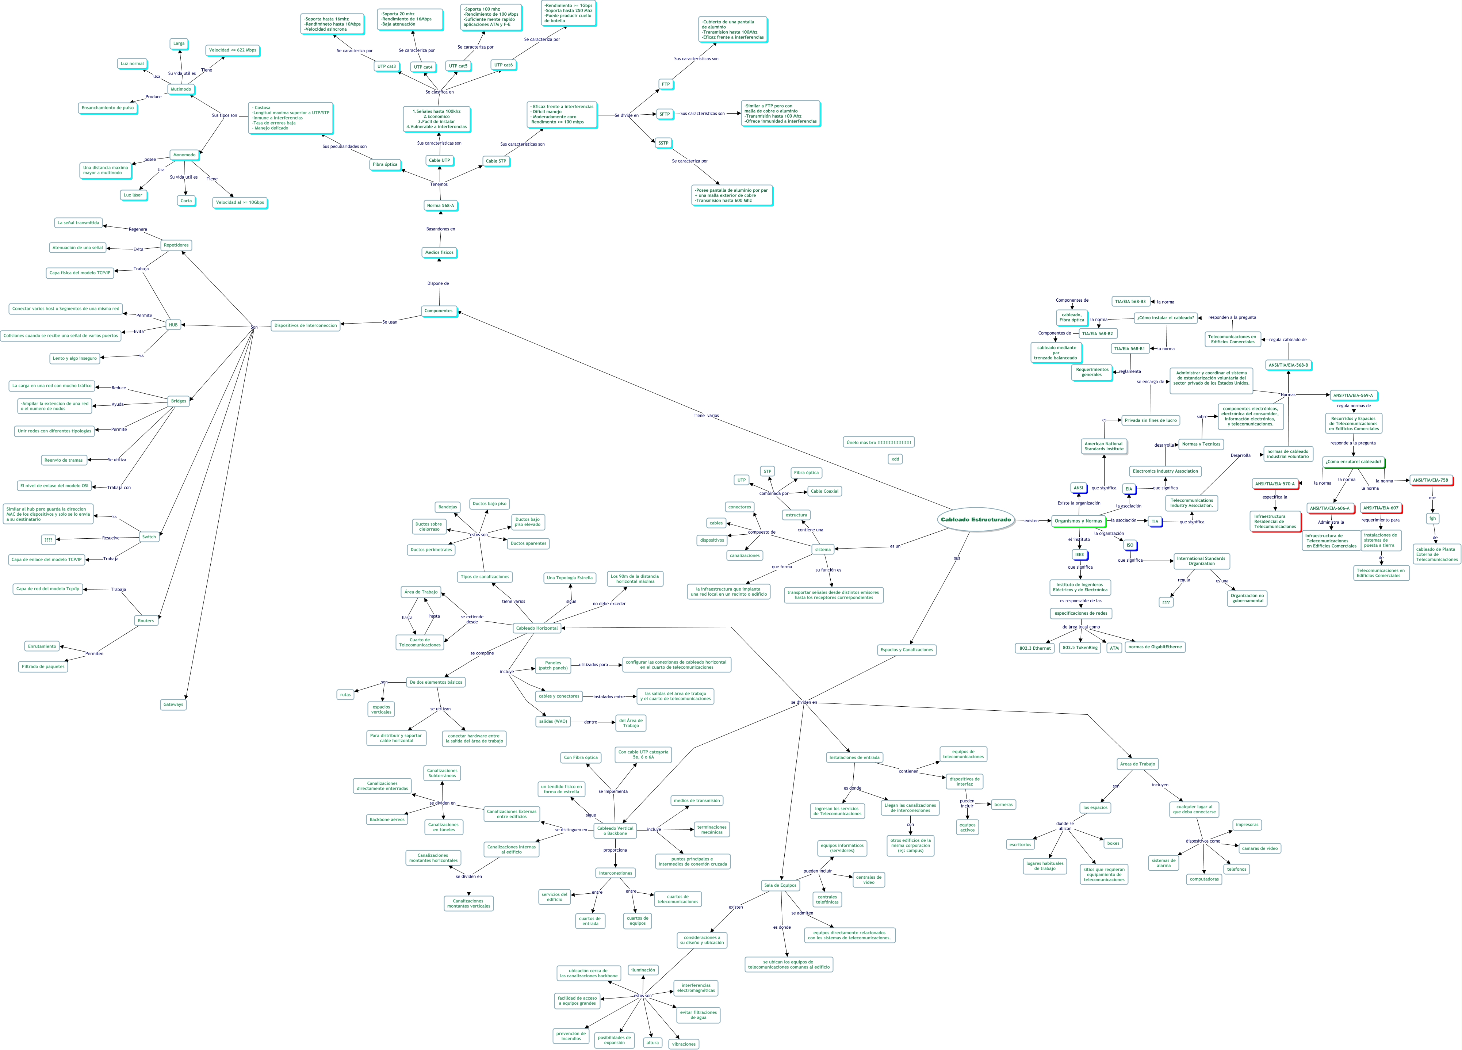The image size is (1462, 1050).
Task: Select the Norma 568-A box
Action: coord(440,206)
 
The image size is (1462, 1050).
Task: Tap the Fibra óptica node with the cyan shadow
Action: coord(385,164)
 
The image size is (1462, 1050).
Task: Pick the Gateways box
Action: coord(173,704)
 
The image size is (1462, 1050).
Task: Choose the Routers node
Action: coord(146,621)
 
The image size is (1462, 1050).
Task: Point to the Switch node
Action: coord(149,537)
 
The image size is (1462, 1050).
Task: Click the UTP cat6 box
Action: coord(504,65)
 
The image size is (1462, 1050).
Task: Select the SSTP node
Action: coord(663,143)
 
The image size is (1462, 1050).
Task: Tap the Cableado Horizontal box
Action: coord(536,627)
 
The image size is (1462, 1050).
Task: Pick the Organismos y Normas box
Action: coord(1079,520)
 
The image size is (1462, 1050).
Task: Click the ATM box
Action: coord(1114,648)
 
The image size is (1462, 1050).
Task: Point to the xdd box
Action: coord(895,459)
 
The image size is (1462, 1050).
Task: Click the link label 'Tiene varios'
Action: coord(706,415)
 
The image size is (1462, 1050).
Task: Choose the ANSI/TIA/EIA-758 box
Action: coord(1430,480)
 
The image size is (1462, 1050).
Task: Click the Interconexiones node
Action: coord(615,873)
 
